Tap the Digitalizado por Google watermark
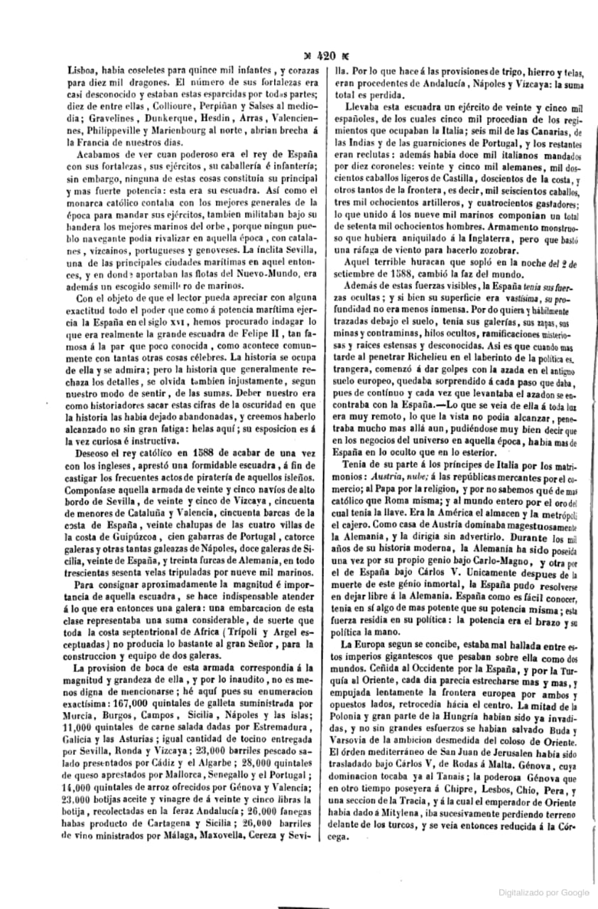point(544,891)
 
